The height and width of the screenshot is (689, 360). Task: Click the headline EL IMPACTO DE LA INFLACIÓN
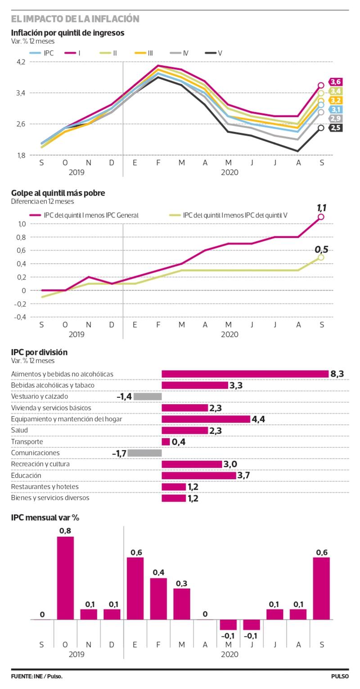(75, 19)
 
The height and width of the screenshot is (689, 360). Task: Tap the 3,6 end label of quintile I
(336, 82)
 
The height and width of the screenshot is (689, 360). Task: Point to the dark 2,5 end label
(336, 128)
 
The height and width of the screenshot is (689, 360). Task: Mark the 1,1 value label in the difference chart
(321, 208)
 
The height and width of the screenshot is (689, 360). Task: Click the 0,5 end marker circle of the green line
(321, 257)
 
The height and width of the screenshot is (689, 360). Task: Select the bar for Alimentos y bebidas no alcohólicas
(245, 374)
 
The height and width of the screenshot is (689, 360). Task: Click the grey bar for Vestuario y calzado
(147, 396)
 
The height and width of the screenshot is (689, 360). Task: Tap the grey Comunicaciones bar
(144, 453)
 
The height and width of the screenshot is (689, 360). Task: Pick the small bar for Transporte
(166, 441)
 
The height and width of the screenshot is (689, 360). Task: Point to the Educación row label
(26, 475)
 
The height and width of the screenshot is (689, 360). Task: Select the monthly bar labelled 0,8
(65, 578)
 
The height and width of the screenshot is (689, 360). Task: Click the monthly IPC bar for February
(158, 599)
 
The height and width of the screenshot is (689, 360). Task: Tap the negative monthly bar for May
(228, 625)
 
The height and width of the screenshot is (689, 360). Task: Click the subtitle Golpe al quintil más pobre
(58, 193)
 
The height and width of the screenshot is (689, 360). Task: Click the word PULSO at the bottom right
(340, 676)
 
